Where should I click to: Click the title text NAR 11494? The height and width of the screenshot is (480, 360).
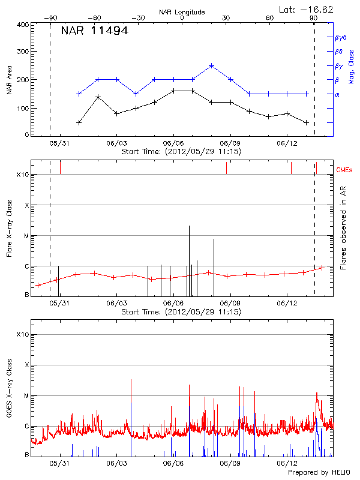point(94,31)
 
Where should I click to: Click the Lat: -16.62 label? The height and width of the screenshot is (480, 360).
point(307,9)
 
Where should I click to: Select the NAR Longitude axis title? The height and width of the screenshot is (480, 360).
point(182,12)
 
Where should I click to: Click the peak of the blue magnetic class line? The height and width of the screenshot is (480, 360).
point(211,65)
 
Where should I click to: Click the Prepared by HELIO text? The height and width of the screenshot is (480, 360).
point(319,472)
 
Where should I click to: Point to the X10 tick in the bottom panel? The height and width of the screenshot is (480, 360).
point(23,334)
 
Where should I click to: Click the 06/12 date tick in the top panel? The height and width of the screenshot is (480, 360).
point(287,143)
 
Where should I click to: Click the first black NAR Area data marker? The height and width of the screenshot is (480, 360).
point(79,122)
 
